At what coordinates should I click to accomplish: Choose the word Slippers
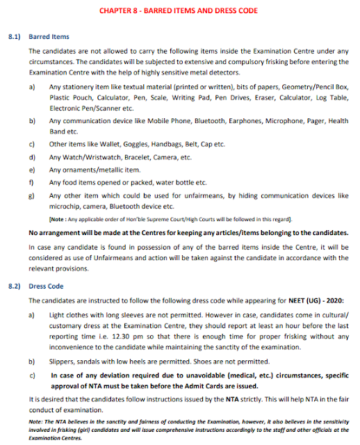coord(64,362)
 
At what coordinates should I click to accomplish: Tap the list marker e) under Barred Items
coord(31,170)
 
